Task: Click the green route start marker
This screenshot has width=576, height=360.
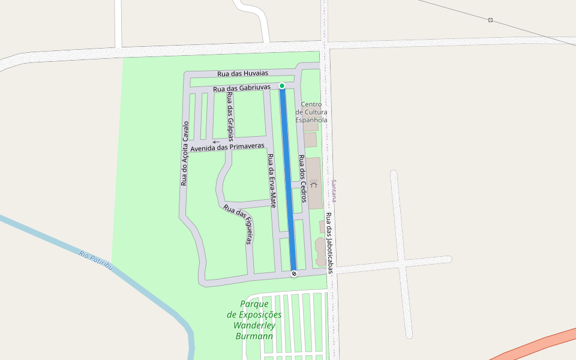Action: point(282,86)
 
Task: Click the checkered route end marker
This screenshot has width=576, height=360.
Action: point(294,274)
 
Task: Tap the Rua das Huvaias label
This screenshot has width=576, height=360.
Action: point(242,73)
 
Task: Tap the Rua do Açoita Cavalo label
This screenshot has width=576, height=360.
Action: point(185,153)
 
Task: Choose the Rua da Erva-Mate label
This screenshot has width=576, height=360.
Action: point(271,181)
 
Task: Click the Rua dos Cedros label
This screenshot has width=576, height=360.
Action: point(302,179)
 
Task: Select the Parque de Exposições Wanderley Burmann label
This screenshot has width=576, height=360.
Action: point(254,320)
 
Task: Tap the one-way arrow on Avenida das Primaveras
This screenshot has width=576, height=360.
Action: point(216,142)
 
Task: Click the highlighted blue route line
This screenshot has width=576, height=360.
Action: point(288,180)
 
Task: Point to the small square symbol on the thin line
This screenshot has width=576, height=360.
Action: point(490,20)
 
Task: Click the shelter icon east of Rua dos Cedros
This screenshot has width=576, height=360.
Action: point(313,184)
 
